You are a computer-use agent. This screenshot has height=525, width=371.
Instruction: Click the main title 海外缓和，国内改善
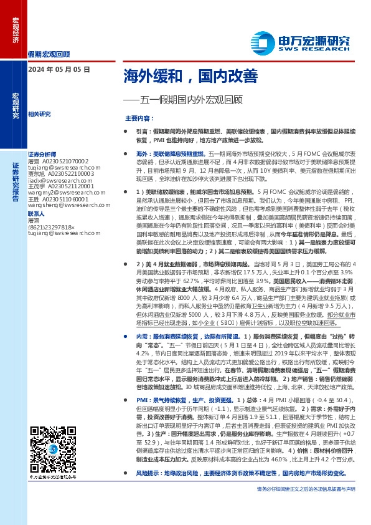point(190,76)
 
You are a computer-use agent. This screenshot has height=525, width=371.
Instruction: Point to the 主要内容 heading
point(141,118)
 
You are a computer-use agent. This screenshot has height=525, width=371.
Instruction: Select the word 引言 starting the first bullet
point(143,132)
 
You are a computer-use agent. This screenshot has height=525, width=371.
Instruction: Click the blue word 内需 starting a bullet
point(143,335)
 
